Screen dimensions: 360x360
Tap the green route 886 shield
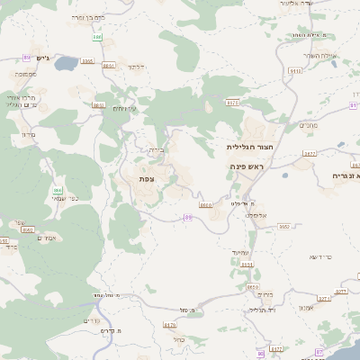[97, 37]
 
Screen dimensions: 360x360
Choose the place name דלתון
[137, 67]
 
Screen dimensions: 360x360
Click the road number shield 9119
[295, 70]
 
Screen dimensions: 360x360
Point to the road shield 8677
[309, 154]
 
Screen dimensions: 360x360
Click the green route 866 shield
[58, 190]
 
